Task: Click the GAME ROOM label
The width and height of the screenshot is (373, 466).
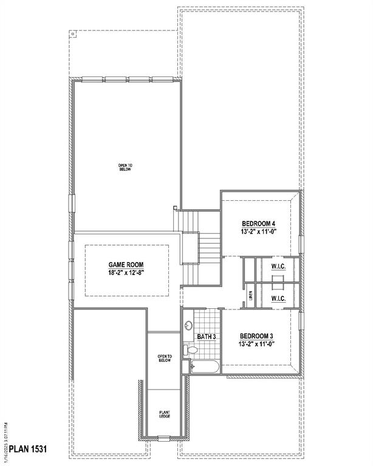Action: click(126, 265)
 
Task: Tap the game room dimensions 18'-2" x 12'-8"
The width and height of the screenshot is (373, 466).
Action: click(126, 273)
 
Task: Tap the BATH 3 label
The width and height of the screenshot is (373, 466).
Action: click(207, 336)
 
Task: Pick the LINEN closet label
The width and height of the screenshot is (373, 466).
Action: click(250, 296)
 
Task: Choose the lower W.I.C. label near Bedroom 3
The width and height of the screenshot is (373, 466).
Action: click(278, 299)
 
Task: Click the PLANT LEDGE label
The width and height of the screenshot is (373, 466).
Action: click(164, 414)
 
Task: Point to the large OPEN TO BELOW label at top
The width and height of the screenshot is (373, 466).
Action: click(125, 167)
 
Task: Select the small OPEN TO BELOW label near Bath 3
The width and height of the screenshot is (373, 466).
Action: click(165, 359)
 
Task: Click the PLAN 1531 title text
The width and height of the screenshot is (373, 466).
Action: click(23, 449)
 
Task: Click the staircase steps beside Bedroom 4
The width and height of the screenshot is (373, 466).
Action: click(210, 246)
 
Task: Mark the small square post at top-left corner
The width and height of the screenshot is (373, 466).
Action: click(73, 33)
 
